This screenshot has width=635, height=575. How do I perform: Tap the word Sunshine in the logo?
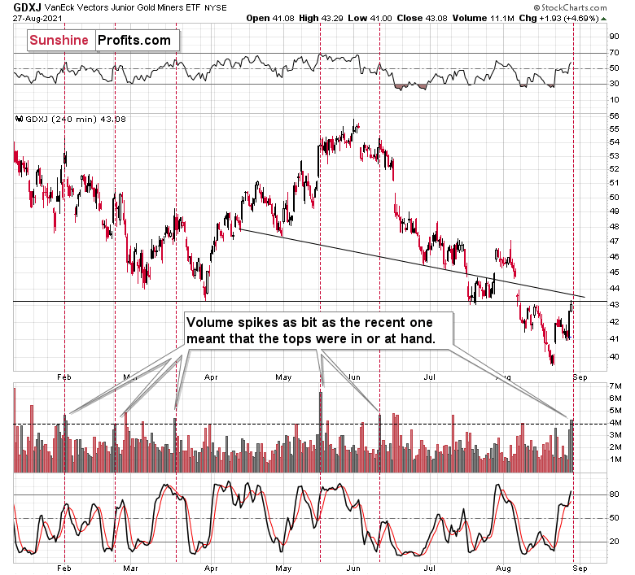(58, 39)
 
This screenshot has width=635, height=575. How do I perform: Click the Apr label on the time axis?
(211, 377)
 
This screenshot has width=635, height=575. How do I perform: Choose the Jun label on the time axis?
(354, 377)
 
